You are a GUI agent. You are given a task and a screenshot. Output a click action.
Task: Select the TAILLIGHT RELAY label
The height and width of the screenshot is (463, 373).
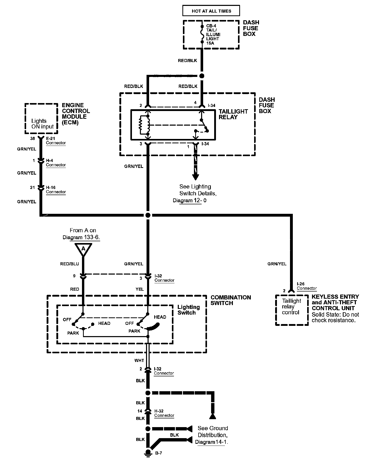[233, 114]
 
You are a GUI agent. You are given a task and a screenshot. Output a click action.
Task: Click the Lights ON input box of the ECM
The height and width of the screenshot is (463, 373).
[41, 119]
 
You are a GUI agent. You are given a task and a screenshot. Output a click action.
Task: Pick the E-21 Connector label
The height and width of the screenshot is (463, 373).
[56, 141]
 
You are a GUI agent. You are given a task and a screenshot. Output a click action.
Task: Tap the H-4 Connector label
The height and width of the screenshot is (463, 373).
[56, 163]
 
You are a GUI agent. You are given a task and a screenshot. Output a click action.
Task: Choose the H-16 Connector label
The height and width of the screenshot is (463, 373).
[56, 190]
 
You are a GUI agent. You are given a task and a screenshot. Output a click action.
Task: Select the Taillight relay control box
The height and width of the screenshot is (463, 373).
[292, 310]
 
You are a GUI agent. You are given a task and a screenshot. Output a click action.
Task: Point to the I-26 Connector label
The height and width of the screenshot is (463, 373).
[307, 286]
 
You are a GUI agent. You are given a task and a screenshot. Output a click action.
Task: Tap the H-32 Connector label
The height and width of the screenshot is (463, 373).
[164, 413]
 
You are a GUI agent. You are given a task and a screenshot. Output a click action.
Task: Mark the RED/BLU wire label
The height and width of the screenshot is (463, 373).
[70, 264]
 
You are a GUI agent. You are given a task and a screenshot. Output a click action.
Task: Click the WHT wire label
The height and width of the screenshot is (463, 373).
[139, 360]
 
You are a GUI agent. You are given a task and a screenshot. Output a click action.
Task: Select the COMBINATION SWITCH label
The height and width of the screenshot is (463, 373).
[231, 300]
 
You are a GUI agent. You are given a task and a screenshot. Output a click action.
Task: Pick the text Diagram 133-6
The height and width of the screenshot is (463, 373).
[81, 237]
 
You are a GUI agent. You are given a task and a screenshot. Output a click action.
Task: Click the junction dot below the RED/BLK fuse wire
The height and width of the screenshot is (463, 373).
[202, 76]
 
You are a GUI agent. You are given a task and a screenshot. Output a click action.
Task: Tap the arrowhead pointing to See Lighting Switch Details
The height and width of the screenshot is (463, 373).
[195, 177]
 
